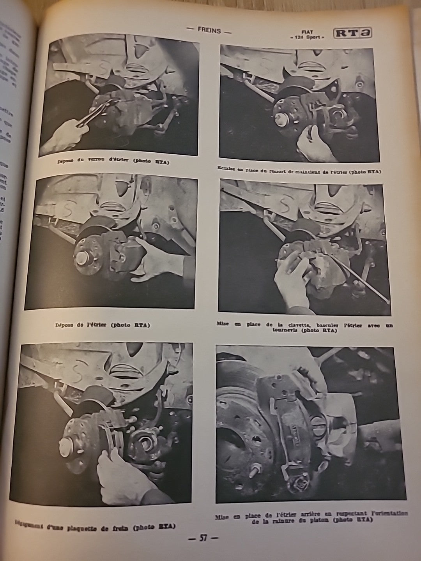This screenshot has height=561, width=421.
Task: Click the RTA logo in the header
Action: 353,34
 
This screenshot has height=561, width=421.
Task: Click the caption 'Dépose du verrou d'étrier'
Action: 113,162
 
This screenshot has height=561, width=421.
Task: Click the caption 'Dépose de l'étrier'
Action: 103,325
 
